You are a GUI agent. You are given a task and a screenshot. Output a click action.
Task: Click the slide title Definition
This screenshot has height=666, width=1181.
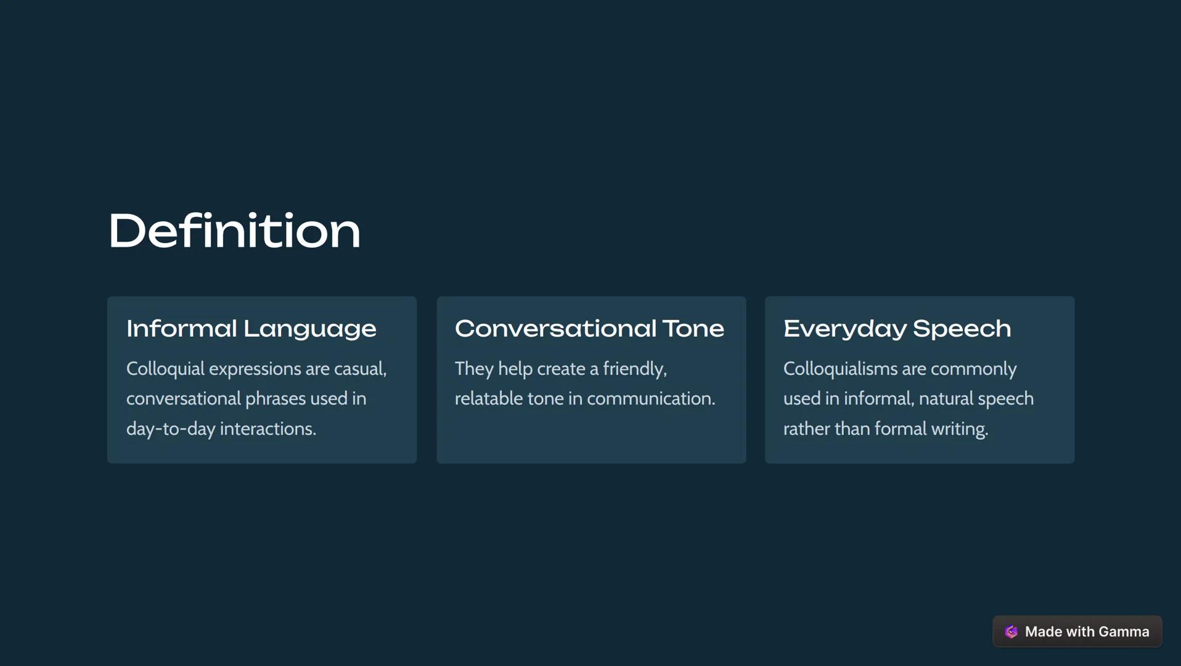point(234,231)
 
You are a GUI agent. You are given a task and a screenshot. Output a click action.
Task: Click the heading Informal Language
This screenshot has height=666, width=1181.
point(251,329)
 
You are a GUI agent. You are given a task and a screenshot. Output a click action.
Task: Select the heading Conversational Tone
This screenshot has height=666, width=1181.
point(589,329)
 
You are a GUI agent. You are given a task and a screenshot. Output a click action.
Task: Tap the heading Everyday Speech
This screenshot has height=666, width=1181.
point(897,329)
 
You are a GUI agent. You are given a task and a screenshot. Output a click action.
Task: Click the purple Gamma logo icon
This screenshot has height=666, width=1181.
point(1011,631)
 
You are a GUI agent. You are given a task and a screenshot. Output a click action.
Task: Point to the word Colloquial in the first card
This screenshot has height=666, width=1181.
point(165,369)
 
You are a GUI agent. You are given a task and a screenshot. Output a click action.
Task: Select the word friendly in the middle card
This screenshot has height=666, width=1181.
point(634,369)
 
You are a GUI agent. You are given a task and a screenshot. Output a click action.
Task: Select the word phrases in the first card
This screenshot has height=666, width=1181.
point(276,398)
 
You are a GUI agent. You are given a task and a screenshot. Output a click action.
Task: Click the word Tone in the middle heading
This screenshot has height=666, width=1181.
point(693,329)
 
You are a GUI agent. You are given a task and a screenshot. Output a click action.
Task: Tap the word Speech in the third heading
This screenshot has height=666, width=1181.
point(962,329)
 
